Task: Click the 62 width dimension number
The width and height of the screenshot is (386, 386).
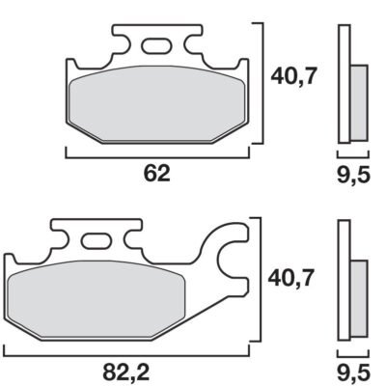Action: coord(156,174)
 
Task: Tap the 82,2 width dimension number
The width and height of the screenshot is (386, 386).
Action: coord(126,372)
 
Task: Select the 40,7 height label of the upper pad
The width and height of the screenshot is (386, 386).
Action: coord(293,76)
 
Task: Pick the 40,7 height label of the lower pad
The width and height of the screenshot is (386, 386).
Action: coord(290,278)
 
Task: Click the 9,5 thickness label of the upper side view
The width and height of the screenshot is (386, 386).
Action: coord(353,176)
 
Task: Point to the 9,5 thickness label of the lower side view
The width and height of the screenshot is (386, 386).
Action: coord(353,373)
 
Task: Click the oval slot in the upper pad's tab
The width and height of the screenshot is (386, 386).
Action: coord(155,45)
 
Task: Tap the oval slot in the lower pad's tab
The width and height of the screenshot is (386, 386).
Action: coord(96,240)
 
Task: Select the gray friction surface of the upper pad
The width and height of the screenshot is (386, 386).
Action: coord(156,103)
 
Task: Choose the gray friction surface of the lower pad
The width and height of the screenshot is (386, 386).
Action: coord(96,299)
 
